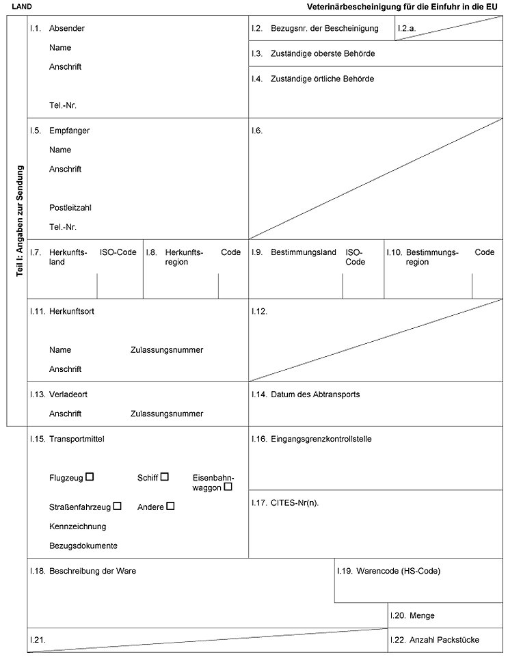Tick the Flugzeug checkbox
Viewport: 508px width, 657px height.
(x=90, y=477)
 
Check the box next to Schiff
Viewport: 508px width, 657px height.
(x=165, y=477)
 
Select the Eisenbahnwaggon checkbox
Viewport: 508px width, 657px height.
(x=228, y=487)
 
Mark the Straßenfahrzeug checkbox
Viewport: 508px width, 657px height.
(x=118, y=506)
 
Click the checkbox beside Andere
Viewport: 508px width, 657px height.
(x=170, y=506)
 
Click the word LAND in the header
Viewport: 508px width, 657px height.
(x=21, y=5)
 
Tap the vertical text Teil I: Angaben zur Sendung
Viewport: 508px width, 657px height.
(x=20, y=220)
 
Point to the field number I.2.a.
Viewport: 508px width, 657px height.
(x=407, y=29)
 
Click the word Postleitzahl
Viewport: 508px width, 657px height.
(x=70, y=207)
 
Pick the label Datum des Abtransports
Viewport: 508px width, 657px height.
(x=315, y=394)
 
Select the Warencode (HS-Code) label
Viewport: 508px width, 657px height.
(x=398, y=571)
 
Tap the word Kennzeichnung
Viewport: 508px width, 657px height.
(x=78, y=526)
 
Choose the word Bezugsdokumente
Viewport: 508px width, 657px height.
(x=83, y=546)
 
